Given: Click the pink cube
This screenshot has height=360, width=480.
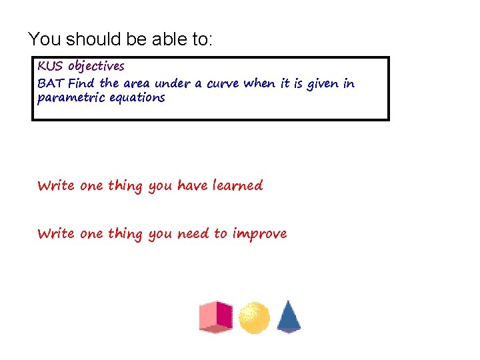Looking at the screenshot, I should click(x=216, y=317).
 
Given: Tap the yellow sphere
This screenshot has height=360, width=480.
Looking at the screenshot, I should click(x=254, y=317).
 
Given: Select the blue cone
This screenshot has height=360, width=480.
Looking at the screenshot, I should click(x=288, y=316).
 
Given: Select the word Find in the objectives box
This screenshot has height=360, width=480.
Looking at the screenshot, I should click(x=81, y=84).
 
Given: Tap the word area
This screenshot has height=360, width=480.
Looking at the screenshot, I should click(x=137, y=84).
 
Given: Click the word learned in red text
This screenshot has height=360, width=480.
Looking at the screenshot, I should click(x=237, y=185).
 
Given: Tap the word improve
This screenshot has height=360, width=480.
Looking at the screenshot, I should click(x=260, y=234).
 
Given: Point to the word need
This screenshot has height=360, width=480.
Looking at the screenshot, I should click(x=193, y=234).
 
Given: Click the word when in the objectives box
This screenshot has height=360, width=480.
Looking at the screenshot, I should click(x=259, y=84).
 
